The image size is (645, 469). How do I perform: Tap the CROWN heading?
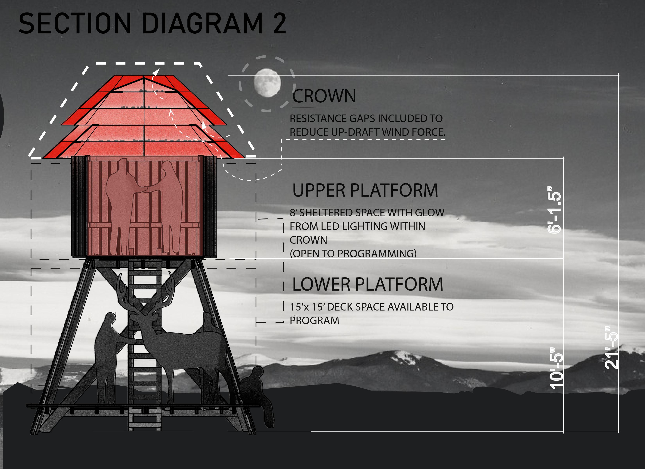click(x=324, y=96)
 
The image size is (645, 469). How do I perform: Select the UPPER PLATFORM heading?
click(x=365, y=190)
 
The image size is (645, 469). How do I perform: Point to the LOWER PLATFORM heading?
click(x=368, y=284)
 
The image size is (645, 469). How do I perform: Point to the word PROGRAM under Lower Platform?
click(x=314, y=320)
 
